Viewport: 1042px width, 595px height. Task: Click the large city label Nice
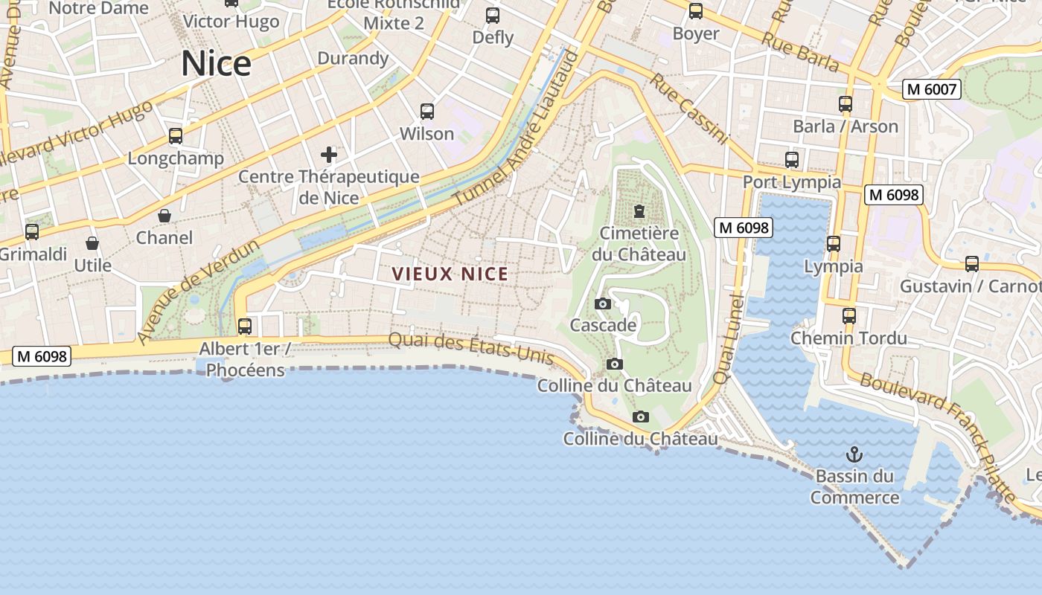click(216, 63)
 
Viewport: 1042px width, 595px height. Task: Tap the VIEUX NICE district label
click(450, 274)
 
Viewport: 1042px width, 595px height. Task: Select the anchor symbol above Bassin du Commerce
click(854, 454)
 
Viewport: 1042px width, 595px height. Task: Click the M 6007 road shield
click(932, 89)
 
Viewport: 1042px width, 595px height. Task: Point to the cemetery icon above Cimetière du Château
click(639, 211)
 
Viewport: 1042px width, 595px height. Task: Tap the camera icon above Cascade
click(603, 303)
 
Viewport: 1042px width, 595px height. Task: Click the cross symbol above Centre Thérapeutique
click(329, 155)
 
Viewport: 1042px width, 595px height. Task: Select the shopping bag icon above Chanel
click(164, 216)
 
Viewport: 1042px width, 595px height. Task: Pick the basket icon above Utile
click(92, 243)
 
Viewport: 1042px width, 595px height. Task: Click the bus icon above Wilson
click(427, 112)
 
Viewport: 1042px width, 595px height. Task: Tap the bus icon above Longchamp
click(176, 136)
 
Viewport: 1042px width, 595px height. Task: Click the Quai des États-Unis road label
click(471, 347)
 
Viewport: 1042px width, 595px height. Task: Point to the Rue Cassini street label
click(689, 109)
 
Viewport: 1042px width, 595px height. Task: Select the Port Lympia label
click(792, 182)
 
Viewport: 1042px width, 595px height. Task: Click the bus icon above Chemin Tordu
click(849, 316)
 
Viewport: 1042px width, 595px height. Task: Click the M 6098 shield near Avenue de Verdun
click(42, 356)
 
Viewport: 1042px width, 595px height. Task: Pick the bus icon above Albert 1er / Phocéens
click(244, 326)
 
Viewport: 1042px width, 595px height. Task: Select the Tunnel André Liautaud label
click(515, 134)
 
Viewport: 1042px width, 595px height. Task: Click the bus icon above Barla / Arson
click(846, 104)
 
